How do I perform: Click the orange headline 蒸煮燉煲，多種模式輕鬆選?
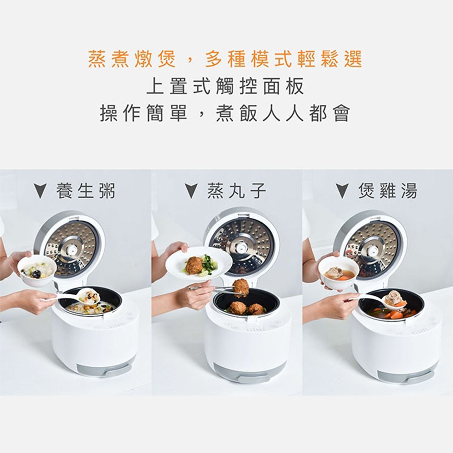click(x=225, y=59)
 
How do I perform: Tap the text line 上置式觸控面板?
click(x=225, y=86)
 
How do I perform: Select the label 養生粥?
click(x=86, y=191)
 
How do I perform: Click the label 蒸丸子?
click(x=237, y=191)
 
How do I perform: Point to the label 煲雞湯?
click(x=388, y=191)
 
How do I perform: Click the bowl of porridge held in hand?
click(x=37, y=270)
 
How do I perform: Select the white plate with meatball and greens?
click(x=199, y=264)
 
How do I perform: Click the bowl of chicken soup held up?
click(x=338, y=273)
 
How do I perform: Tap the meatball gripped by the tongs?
click(x=241, y=288)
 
